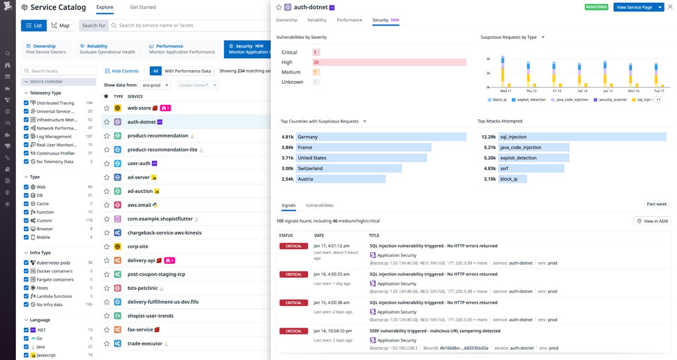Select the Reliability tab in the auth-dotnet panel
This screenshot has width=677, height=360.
317,20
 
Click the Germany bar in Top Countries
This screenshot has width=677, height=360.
381,137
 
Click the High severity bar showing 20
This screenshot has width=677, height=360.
389,62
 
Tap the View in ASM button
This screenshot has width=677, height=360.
652,221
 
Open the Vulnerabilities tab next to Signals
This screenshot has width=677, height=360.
320,205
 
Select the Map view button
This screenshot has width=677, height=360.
60,26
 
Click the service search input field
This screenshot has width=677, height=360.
189,26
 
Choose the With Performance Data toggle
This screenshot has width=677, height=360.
188,71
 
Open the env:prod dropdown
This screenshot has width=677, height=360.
155,85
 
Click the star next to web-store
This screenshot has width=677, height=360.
107,108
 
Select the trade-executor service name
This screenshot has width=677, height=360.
145,344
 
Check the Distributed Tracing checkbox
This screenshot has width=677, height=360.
26,103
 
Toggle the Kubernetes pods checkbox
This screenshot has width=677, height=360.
26,263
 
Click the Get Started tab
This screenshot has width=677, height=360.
143,7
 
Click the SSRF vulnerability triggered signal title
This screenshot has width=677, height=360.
435,331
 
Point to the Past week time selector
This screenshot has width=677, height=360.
657,204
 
